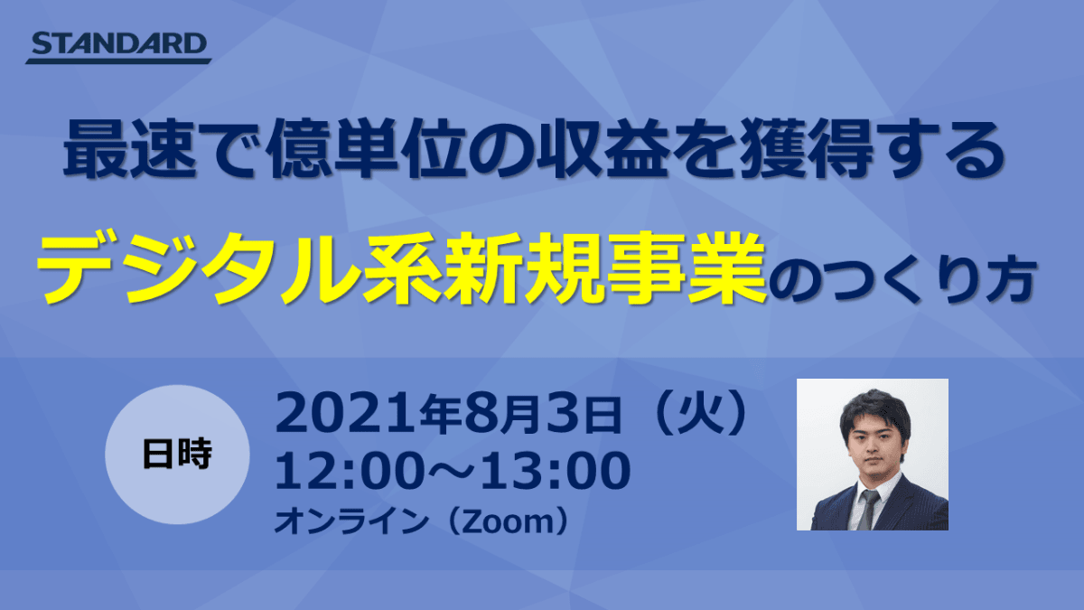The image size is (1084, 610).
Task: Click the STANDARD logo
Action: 118,47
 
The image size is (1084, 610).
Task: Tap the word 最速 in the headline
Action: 130,150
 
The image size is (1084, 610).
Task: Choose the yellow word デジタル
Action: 199,267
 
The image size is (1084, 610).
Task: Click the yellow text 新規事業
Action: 605,267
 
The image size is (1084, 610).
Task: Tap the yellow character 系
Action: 403,267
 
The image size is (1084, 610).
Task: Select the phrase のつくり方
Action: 902,281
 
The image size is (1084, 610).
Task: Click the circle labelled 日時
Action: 177,454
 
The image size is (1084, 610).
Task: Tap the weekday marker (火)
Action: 702,414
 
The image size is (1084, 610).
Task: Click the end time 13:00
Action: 556,471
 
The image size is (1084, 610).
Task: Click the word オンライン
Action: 351,522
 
